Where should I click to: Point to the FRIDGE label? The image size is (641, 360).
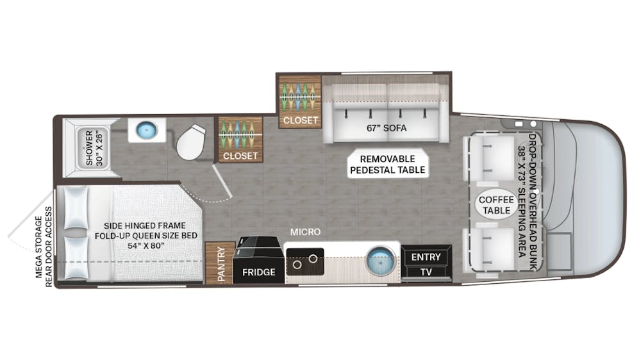(258, 272)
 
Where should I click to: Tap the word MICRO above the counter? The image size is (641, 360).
(304, 231)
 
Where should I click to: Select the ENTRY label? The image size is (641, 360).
(426, 257)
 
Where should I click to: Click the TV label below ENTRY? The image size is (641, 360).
(426, 272)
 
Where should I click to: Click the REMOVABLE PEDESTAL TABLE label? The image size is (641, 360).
(387, 164)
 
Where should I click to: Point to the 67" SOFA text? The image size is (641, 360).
(387, 127)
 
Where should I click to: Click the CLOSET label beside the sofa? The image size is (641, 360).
(299, 120)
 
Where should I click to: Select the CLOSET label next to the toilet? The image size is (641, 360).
(240, 155)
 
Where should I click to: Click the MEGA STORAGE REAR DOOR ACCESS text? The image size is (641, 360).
(44, 251)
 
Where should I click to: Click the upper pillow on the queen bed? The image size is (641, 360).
(78, 206)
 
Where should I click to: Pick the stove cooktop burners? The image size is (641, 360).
(304, 261)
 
